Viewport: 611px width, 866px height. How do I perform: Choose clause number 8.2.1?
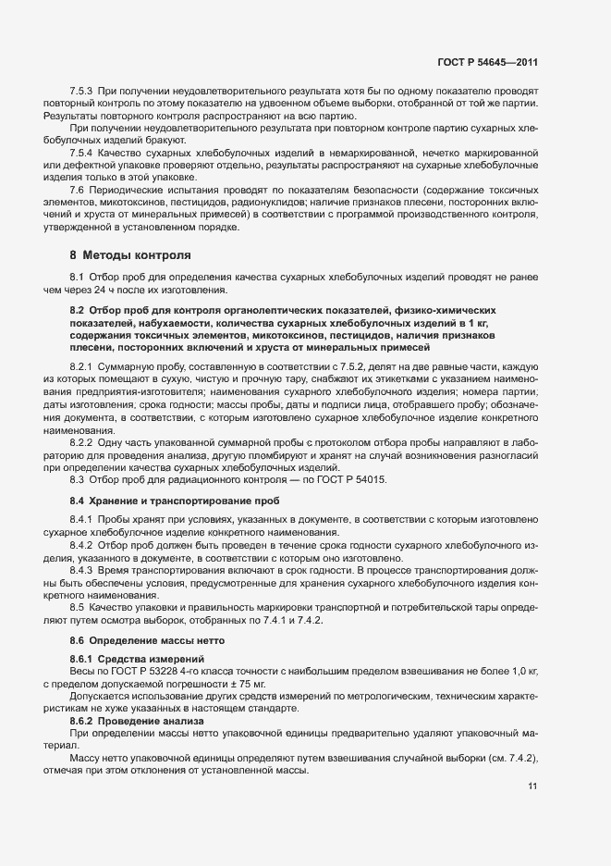[x=82, y=367]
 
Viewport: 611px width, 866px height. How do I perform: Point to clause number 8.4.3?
[x=82, y=571]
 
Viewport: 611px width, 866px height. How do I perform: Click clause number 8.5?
[x=77, y=607]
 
